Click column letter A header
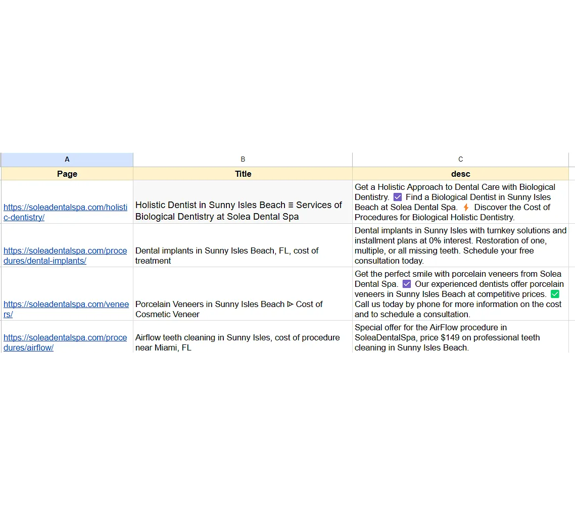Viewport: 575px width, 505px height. (67, 159)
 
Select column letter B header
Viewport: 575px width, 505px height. (243, 159)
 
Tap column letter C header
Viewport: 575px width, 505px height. (460, 159)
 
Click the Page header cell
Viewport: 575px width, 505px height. (67, 174)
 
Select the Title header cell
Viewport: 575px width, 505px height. (243, 174)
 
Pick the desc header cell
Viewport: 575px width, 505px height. (460, 174)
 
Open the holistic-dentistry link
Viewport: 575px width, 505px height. (65, 212)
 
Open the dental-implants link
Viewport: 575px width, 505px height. (65, 256)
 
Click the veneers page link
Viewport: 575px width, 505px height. (66, 309)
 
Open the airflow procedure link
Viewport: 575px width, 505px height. (65, 342)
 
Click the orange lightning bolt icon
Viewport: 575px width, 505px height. (466, 208)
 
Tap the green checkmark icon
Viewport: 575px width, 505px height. (555, 294)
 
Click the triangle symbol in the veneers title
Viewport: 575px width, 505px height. (290, 304)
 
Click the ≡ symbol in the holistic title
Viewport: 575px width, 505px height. (291, 205)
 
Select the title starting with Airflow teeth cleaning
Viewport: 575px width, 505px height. (237, 342)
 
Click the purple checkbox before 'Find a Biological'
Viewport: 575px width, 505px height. (397, 197)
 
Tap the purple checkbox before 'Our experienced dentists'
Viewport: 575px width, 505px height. (407, 284)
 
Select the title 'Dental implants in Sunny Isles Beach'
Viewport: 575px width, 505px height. (227, 256)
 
